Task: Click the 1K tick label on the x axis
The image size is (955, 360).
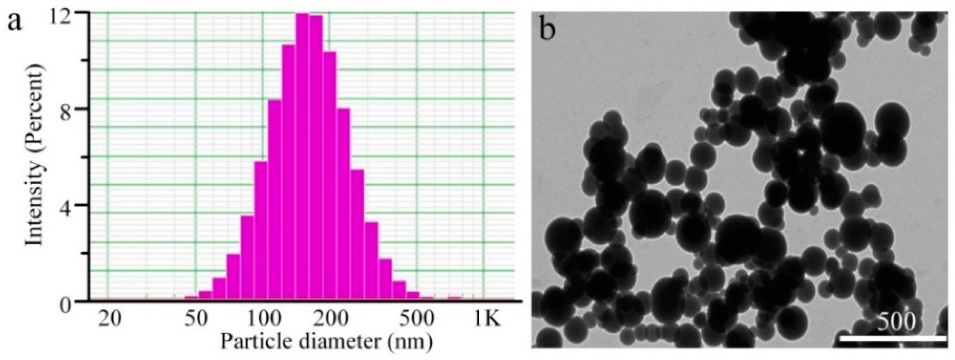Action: click(x=487, y=319)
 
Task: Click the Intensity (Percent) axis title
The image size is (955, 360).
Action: click(x=35, y=156)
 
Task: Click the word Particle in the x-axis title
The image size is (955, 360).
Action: click(x=254, y=340)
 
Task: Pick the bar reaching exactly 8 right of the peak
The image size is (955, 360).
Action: click(x=344, y=204)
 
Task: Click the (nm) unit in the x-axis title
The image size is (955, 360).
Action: click(x=410, y=341)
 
